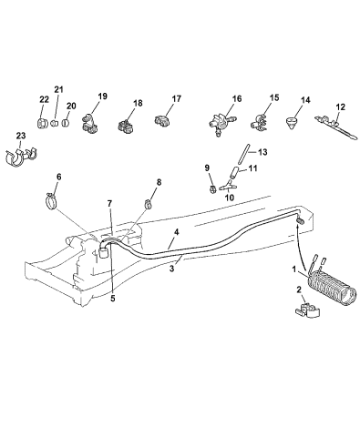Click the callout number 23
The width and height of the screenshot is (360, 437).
21,136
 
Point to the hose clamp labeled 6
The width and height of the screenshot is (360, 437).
52,200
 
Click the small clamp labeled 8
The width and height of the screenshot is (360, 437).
149,203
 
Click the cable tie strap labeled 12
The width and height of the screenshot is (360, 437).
335,127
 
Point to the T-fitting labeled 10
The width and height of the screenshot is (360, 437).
229,185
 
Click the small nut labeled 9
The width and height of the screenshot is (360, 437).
212,189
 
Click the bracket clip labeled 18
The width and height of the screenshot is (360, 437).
126,127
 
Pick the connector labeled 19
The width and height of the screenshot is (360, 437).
89,124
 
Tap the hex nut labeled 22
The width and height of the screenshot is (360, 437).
41,123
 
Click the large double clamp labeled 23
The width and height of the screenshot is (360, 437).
21,157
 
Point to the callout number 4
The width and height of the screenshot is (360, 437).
177,233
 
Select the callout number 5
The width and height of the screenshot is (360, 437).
113,299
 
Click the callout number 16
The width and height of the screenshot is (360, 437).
237,99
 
